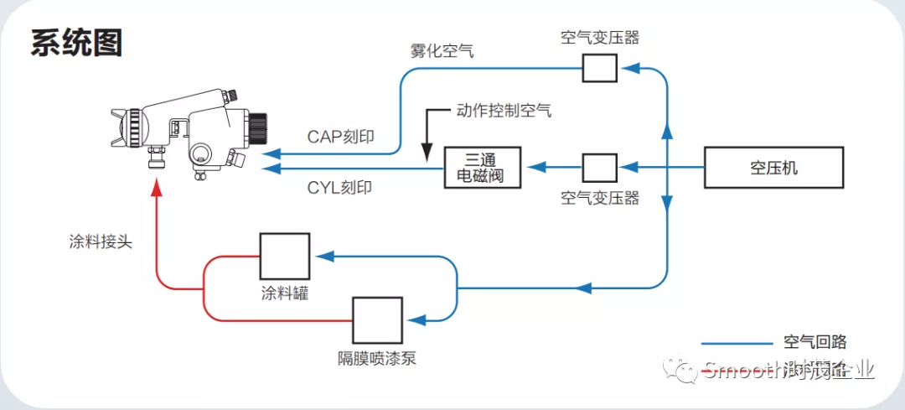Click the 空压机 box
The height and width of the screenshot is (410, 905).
[773, 168]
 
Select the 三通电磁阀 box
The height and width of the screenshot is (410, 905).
[482, 167]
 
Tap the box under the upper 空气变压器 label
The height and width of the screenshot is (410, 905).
[599, 67]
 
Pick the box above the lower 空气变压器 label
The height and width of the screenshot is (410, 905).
[599, 168]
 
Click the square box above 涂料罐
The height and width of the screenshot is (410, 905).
[284, 256]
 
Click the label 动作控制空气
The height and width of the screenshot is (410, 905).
[504, 110]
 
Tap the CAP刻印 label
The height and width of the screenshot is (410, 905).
[340, 137]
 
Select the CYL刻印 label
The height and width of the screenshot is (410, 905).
[340, 188]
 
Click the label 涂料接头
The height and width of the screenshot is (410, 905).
[100, 241]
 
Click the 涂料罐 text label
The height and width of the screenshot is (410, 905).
[284, 294]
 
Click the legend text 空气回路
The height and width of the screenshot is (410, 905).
[814, 342]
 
